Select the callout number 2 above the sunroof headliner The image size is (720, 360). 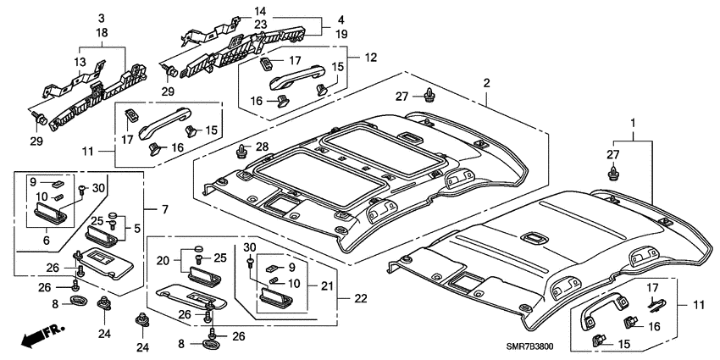[x=486, y=83]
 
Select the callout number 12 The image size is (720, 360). [x=369, y=58]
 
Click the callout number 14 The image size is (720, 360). [x=259, y=11]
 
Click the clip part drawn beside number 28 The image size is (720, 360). [x=241, y=152]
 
